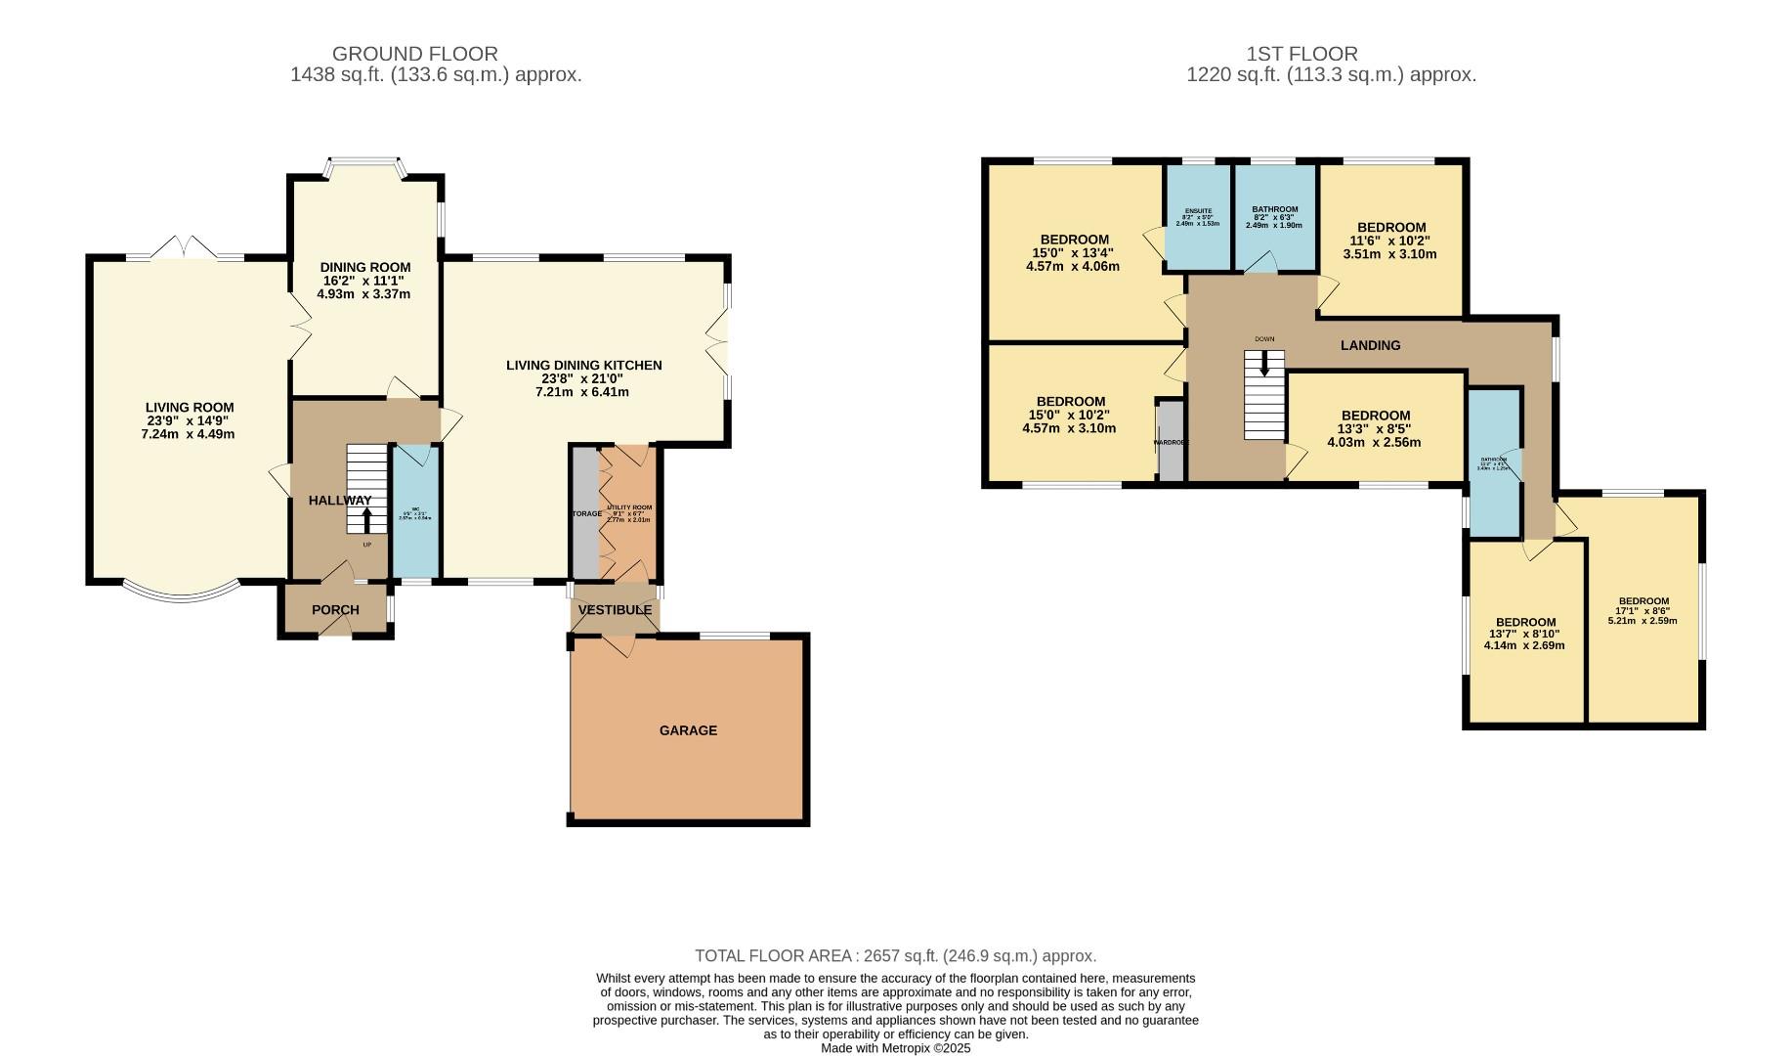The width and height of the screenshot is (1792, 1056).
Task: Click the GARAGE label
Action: coord(688,730)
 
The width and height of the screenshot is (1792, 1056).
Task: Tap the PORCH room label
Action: coord(335,610)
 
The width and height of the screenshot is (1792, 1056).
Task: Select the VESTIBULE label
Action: coord(615,610)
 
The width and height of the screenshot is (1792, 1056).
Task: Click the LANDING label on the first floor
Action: coord(1370,345)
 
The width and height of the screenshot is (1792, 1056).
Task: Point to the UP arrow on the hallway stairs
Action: coord(367,518)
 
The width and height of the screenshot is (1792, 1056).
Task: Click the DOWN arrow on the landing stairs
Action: coord(1265,365)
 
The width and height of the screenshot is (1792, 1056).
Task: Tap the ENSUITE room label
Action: coord(1198,211)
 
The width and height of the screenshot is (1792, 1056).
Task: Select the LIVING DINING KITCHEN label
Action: coord(583,366)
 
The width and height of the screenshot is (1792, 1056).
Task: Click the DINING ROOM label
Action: coord(365,267)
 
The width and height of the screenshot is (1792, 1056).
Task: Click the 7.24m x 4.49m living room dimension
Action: coord(188,434)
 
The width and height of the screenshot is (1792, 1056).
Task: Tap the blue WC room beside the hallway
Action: coord(416,513)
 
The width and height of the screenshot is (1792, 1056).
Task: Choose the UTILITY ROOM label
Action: coord(629,508)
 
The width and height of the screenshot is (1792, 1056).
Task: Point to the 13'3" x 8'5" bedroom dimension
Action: coord(1374,428)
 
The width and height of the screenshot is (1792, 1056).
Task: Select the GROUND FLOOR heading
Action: coord(415,54)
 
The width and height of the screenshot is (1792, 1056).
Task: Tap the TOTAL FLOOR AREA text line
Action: coord(895,956)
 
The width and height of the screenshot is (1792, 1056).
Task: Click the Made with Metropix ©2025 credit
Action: coord(895,1047)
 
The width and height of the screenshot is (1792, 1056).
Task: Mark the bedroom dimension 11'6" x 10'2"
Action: coord(1390,241)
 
